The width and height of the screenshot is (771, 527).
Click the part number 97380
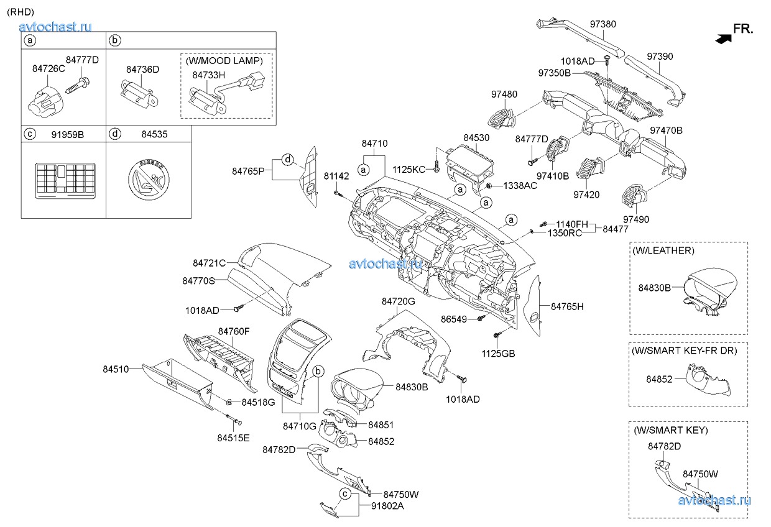tap(602, 24)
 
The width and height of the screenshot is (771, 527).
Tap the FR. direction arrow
tap(722, 39)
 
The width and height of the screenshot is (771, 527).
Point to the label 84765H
tap(568, 306)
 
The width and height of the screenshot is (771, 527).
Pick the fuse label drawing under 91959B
tap(63, 180)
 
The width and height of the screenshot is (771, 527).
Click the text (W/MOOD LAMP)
tap(227, 61)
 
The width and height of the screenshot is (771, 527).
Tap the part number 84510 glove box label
tap(116, 369)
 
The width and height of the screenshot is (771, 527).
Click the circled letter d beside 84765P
tap(287, 159)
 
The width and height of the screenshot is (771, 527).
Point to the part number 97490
tap(636, 219)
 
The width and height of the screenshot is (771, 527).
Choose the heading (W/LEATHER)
tap(663, 250)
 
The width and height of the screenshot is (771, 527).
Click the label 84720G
tap(398, 301)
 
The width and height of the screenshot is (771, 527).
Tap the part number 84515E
tap(233, 438)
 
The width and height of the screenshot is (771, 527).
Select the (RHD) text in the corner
tap(21, 12)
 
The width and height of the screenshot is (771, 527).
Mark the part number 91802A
tap(387, 506)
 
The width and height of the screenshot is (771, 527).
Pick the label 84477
tap(616, 229)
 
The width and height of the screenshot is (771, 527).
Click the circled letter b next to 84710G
tap(318, 371)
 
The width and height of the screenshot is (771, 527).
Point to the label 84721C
tap(209, 263)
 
